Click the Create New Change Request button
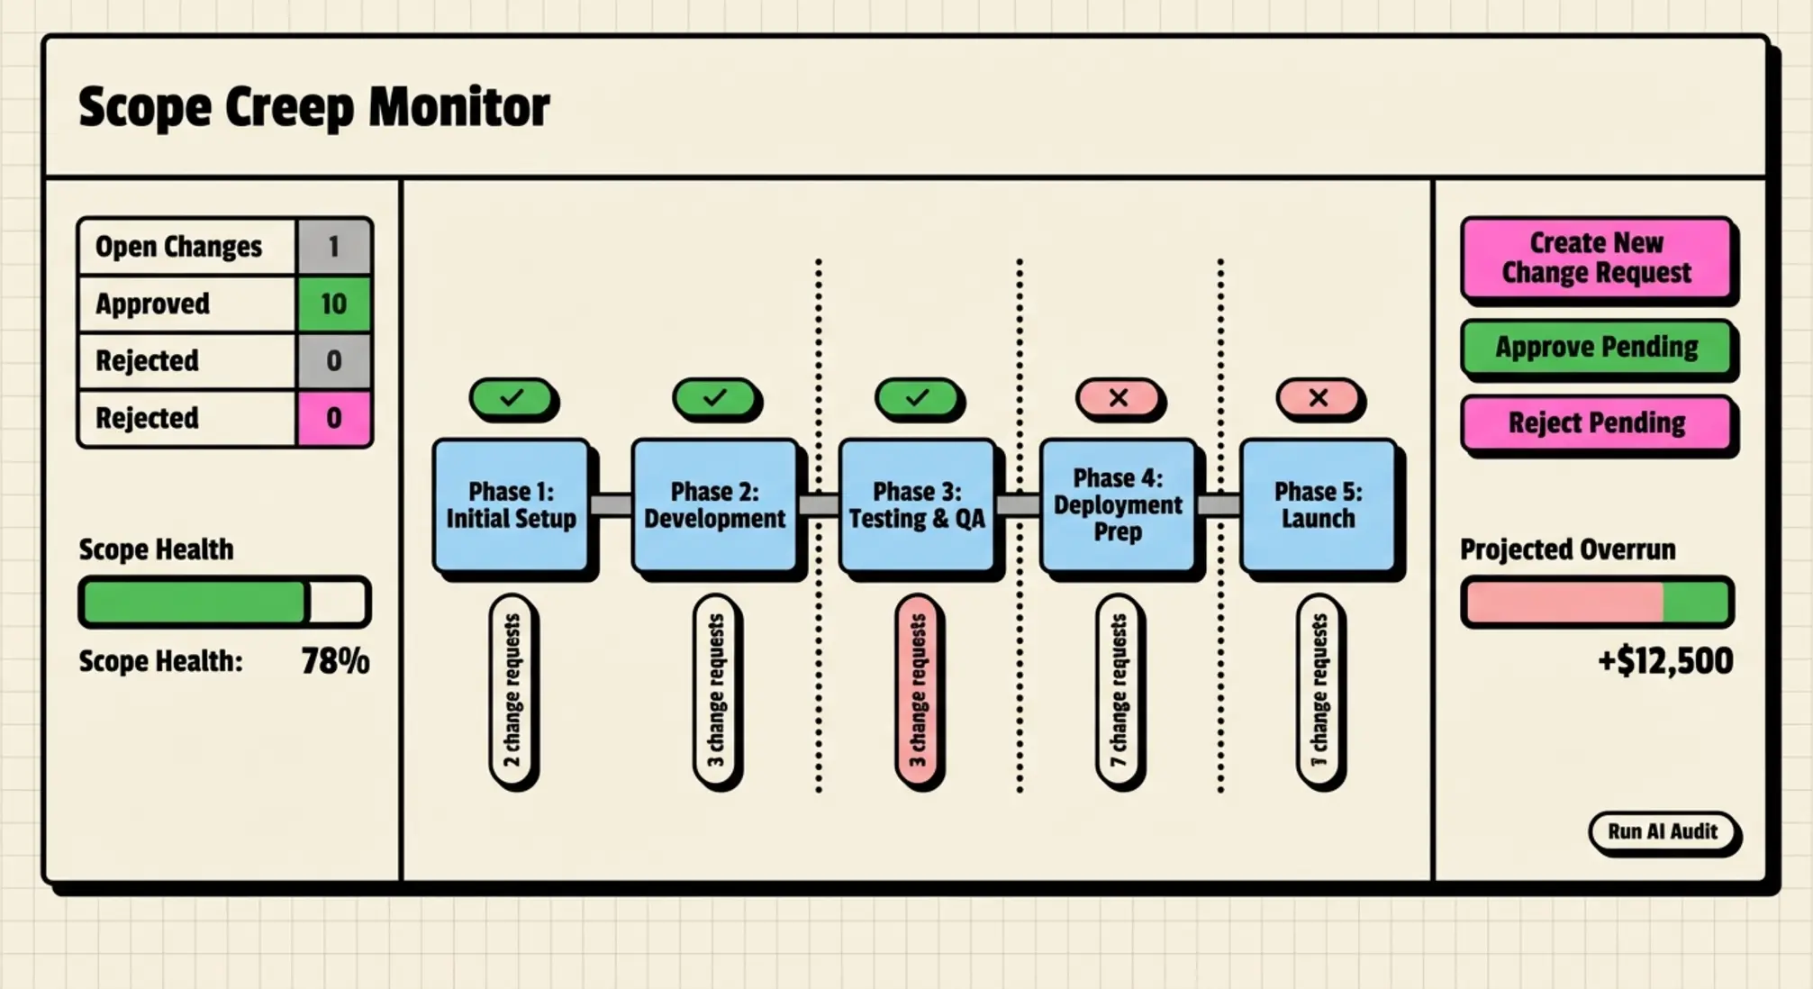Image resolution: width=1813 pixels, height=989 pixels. [x=1596, y=258]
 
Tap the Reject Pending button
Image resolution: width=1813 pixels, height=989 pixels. [x=1596, y=422]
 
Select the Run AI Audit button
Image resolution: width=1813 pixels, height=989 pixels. [x=1662, y=831]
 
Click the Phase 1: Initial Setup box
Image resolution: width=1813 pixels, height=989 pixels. [x=511, y=505]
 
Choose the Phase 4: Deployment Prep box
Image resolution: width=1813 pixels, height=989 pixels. [x=1117, y=505]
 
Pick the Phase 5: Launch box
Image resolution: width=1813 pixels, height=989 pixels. [x=1317, y=505]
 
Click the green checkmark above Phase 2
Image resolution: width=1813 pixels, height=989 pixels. [x=714, y=398]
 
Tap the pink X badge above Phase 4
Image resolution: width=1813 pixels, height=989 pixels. [x=1118, y=398]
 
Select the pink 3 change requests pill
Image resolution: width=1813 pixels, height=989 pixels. [x=917, y=691]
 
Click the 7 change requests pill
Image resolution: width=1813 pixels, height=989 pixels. [x=1118, y=691]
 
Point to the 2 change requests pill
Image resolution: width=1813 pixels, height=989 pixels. [x=512, y=691]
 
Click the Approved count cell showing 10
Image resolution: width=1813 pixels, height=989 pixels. [x=333, y=304]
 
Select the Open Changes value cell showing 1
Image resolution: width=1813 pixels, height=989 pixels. [x=333, y=247]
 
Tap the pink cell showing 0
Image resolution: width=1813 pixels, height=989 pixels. [x=333, y=418]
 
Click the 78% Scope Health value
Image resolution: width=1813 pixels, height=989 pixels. [x=335, y=661]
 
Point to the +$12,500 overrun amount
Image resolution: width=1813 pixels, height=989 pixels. [x=1664, y=661]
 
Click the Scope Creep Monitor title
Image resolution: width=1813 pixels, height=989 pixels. [x=313, y=107]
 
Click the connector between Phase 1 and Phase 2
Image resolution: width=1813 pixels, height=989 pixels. [x=612, y=504]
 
